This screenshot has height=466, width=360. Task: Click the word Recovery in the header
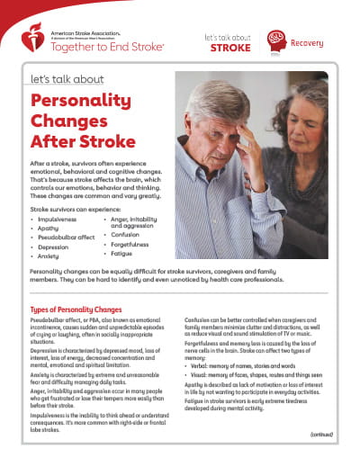pyautogui.click(x=310, y=40)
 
